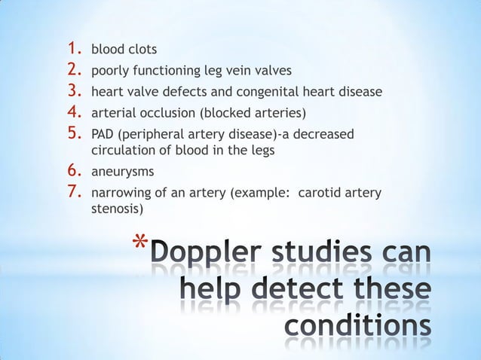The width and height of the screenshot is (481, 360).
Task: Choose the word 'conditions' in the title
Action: (359, 329)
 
